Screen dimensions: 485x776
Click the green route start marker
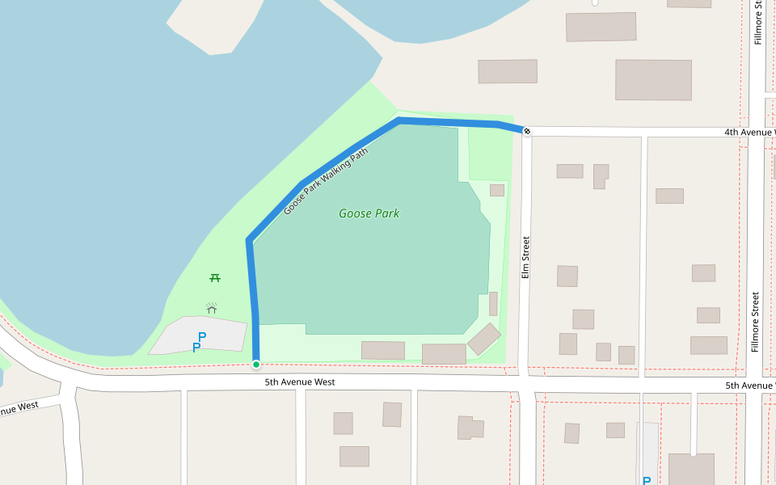[x=256, y=365]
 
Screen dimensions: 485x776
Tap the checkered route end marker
[x=526, y=131]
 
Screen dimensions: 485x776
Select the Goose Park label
[x=369, y=213]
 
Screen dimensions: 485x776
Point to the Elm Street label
[x=525, y=257]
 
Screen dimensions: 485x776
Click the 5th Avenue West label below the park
[x=299, y=382]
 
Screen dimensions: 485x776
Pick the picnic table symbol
[x=215, y=278]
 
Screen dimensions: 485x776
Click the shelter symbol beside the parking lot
[x=212, y=308]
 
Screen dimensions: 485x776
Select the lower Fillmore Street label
[x=755, y=323]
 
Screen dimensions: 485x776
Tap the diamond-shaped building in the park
[x=484, y=339]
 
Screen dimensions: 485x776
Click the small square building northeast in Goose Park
[x=497, y=190]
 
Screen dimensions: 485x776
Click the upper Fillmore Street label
[x=758, y=23]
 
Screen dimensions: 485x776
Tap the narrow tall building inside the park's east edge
[x=493, y=304]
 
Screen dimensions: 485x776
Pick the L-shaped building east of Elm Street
[x=601, y=175]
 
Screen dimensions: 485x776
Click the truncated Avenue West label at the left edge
[x=18, y=409]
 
